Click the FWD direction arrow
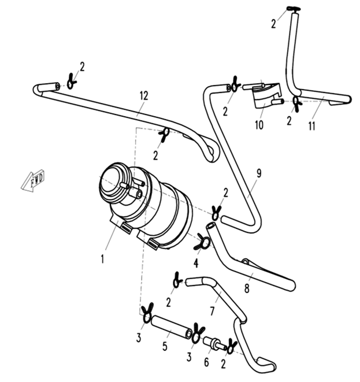(x=32, y=180)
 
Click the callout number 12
(x=144, y=96)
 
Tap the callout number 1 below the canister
(x=102, y=259)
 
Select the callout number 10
(x=259, y=125)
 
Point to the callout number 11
(x=312, y=126)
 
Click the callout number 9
(x=259, y=173)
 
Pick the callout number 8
(x=247, y=288)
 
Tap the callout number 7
(x=212, y=311)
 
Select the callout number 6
(x=206, y=362)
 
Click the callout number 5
(x=165, y=346)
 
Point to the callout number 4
(x=196, y=264)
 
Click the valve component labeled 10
(x=266, y=95)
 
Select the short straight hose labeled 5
(x=172, y=327)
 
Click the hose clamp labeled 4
(x=202, y=242)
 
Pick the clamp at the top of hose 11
(x=294, y=9)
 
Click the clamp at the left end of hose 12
(x=71, y=81)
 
